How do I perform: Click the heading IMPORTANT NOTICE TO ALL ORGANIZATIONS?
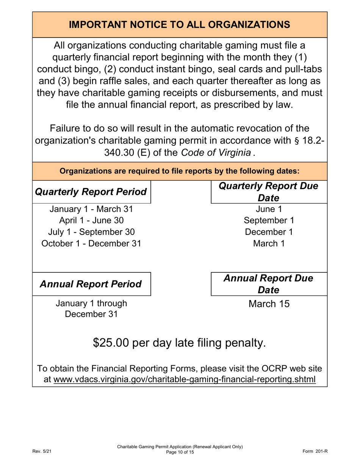(x=180, y=25)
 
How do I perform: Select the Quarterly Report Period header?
(x=91, y=192)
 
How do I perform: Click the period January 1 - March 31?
(x=91, y=209)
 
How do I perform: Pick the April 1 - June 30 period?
(x=91, y=220)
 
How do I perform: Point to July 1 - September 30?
(x=91, y=231)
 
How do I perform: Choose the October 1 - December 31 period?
(x=91, y=243)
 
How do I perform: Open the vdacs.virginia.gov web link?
(x=185, y=379)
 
